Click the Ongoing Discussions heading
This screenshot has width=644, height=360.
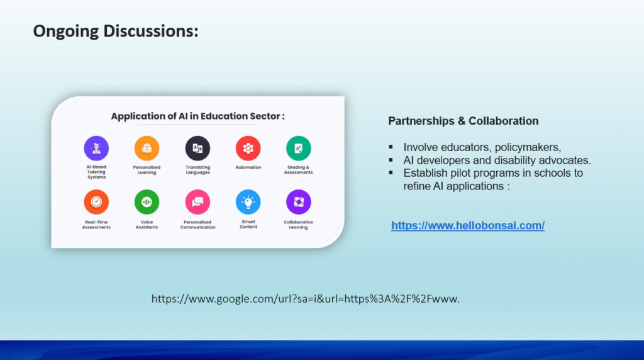(116, 31)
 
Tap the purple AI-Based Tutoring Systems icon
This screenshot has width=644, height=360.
(96, 148)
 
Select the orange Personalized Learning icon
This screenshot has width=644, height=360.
(147, 148)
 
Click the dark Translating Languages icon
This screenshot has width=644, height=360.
(197, 148)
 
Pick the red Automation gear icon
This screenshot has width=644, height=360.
(248, 148)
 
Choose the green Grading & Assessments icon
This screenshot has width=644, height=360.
(299, 148)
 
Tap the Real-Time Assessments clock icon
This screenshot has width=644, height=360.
(96, 202)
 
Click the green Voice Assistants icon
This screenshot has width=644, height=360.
(147, 202)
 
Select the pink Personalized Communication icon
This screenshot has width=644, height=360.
(197, 202)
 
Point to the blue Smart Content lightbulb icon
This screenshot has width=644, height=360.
(248, 202)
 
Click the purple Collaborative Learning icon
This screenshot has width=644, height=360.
(299, 202)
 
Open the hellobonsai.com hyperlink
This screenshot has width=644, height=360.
(468, 225)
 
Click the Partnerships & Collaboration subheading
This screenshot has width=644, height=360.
(464, 121)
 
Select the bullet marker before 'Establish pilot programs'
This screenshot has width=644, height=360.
(391, 172)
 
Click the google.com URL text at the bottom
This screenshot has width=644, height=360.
(305, 299)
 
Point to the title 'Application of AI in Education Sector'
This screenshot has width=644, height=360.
(197, 116)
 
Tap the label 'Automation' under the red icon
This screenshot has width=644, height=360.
(248, 167)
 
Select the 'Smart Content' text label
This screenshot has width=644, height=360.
(248, 224)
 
